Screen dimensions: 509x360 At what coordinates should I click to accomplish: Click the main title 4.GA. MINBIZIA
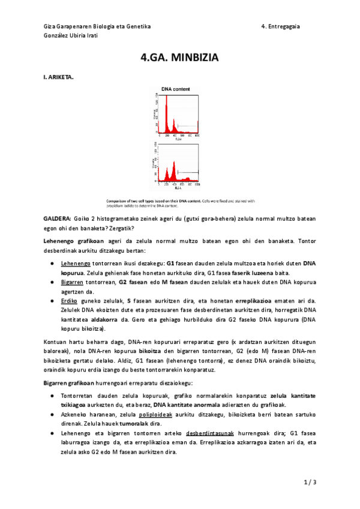click(179, 58)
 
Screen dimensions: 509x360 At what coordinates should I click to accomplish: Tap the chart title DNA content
click(176, 89)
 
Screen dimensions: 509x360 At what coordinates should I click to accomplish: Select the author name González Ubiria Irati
click(71, 35)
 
